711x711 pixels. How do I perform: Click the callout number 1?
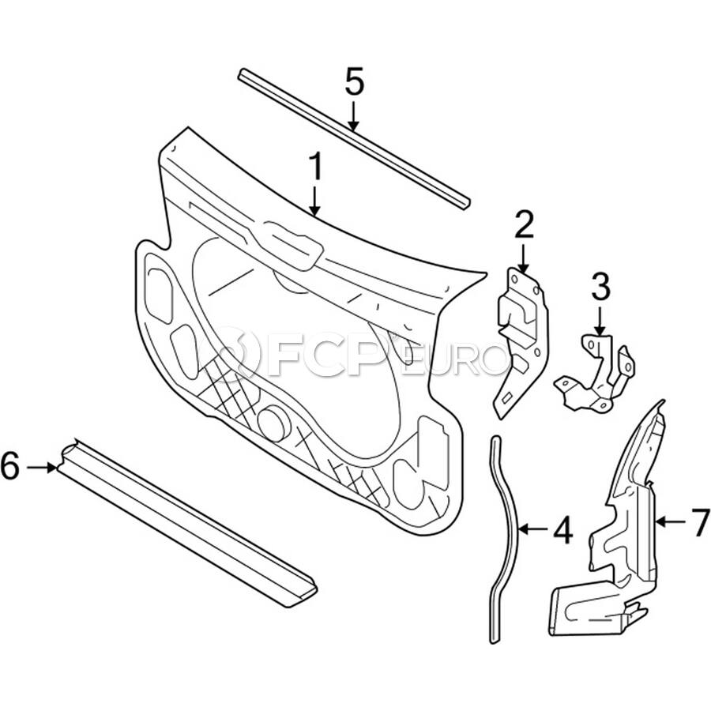tap(315, 167)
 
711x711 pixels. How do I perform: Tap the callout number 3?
tap(600, 288)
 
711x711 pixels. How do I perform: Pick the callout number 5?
tap(354, 82)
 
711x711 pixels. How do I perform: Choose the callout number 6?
tap(9, 467)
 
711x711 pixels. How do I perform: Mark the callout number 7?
tap(701, 522)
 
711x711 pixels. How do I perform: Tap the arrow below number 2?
tap(523, 259)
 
